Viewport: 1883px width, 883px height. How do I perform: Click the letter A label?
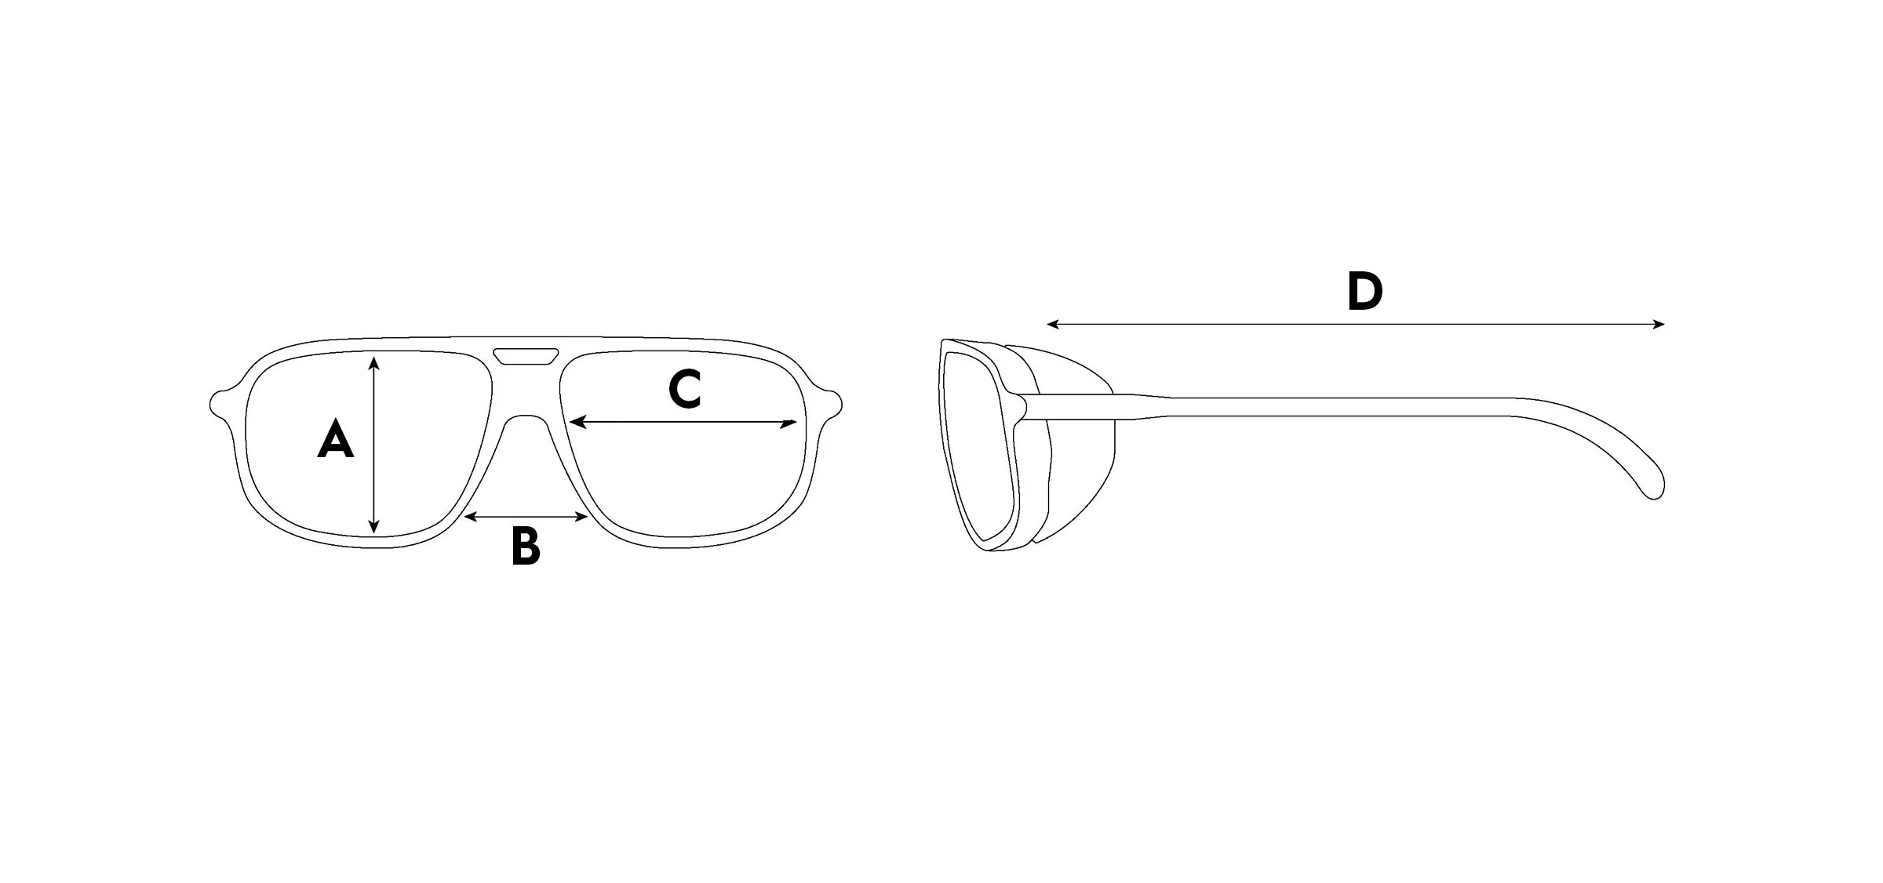click(x=335, y=439)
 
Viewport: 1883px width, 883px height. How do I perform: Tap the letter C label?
click(x=684, y=390)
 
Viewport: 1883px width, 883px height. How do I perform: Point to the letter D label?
click(x=1364, y=292)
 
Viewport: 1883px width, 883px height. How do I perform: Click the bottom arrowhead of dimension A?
click(x=374, y=529)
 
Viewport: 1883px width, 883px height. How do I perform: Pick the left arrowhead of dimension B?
click(x=469, y=517)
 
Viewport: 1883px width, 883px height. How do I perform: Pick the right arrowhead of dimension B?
click(x=583, y=517)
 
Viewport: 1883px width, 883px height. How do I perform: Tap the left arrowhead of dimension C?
click(x=575, y=423)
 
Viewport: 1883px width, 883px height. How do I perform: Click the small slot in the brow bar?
click(x=526, y=356)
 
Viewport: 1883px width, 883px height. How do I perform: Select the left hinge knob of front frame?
click(x=219, y=403)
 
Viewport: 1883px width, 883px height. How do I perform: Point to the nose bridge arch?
click(x=526, y=420)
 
